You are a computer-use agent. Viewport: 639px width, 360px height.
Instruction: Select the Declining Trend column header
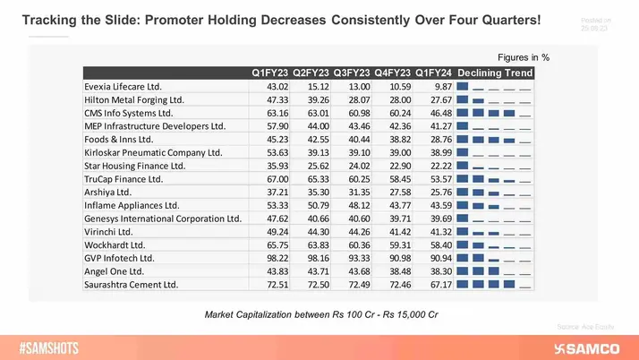tap(495, 73)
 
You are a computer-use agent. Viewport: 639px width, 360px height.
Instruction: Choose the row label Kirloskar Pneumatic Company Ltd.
tap(153, 153)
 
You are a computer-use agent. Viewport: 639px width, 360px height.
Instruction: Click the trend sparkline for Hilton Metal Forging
tap(494, 100)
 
